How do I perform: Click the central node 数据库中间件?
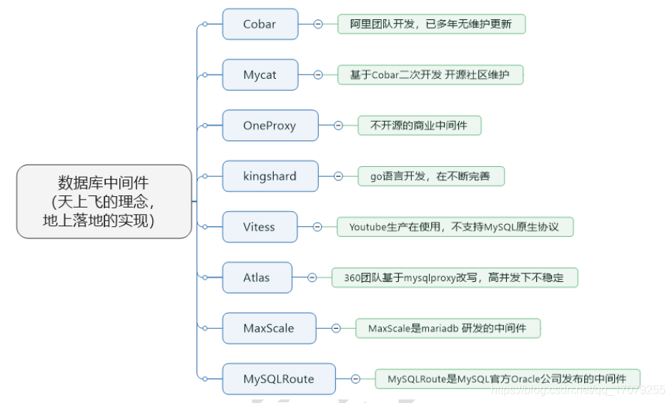[x=104, y=201]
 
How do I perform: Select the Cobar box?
[x=260, y=24]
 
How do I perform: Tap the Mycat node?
[x=260, y=75]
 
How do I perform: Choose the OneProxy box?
[x=270, y=126]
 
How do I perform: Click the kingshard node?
[x=270, y=176]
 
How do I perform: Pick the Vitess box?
[x=259, y=227]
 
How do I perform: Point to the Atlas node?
[x=257, y=278]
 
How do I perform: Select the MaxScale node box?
[x=269, y=329]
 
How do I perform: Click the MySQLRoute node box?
[x=279, y=379]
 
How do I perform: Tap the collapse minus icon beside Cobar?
[x=318, y=24]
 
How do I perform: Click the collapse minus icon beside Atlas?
[x=312, y=278]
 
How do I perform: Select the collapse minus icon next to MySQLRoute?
[x=355, y=379]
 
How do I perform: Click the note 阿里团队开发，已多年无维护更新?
[x=431, y=24]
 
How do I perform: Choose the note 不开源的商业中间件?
[x=419, y=126]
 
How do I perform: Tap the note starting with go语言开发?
[x=431, y=176]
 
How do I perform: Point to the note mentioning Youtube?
[x=455, y=227]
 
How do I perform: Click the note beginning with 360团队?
[x=454, y=278]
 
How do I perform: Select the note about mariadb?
[x=448, y=329]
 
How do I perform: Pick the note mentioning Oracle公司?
[x=507, y=379]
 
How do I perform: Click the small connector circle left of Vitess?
[x=204, y=227]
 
